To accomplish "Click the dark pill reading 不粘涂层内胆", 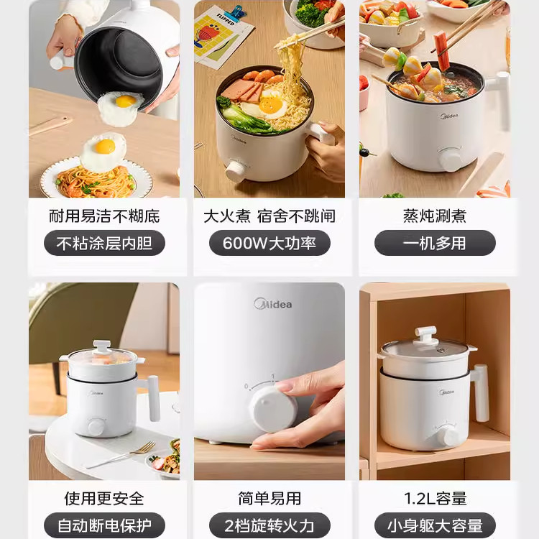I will pyautogui.click(x=104, y=243).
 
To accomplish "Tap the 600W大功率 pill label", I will pyautogui.click(x=269, y=243).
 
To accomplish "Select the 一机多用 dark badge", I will pyautogui.click(x=435, y=243).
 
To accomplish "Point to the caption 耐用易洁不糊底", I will pyautogui.click(x=104, y=216).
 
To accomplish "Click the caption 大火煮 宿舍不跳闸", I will pyautogui.click(x=269, y=216).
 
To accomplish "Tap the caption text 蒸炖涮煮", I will pyautogui.click(x=435, y=216).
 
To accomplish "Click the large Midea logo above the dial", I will pyautogui.click(x=273, y=303).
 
